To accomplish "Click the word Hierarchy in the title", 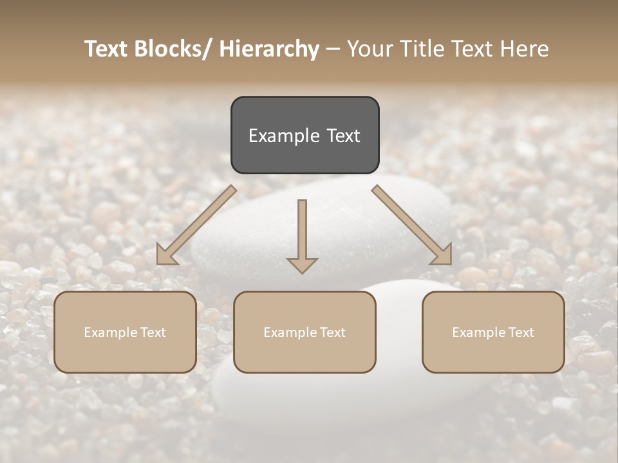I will point(269,49).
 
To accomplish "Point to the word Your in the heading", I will point(370,49).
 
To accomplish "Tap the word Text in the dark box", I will point(343,136).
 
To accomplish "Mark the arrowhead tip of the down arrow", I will point(302,273).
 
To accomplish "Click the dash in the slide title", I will point(333,49).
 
